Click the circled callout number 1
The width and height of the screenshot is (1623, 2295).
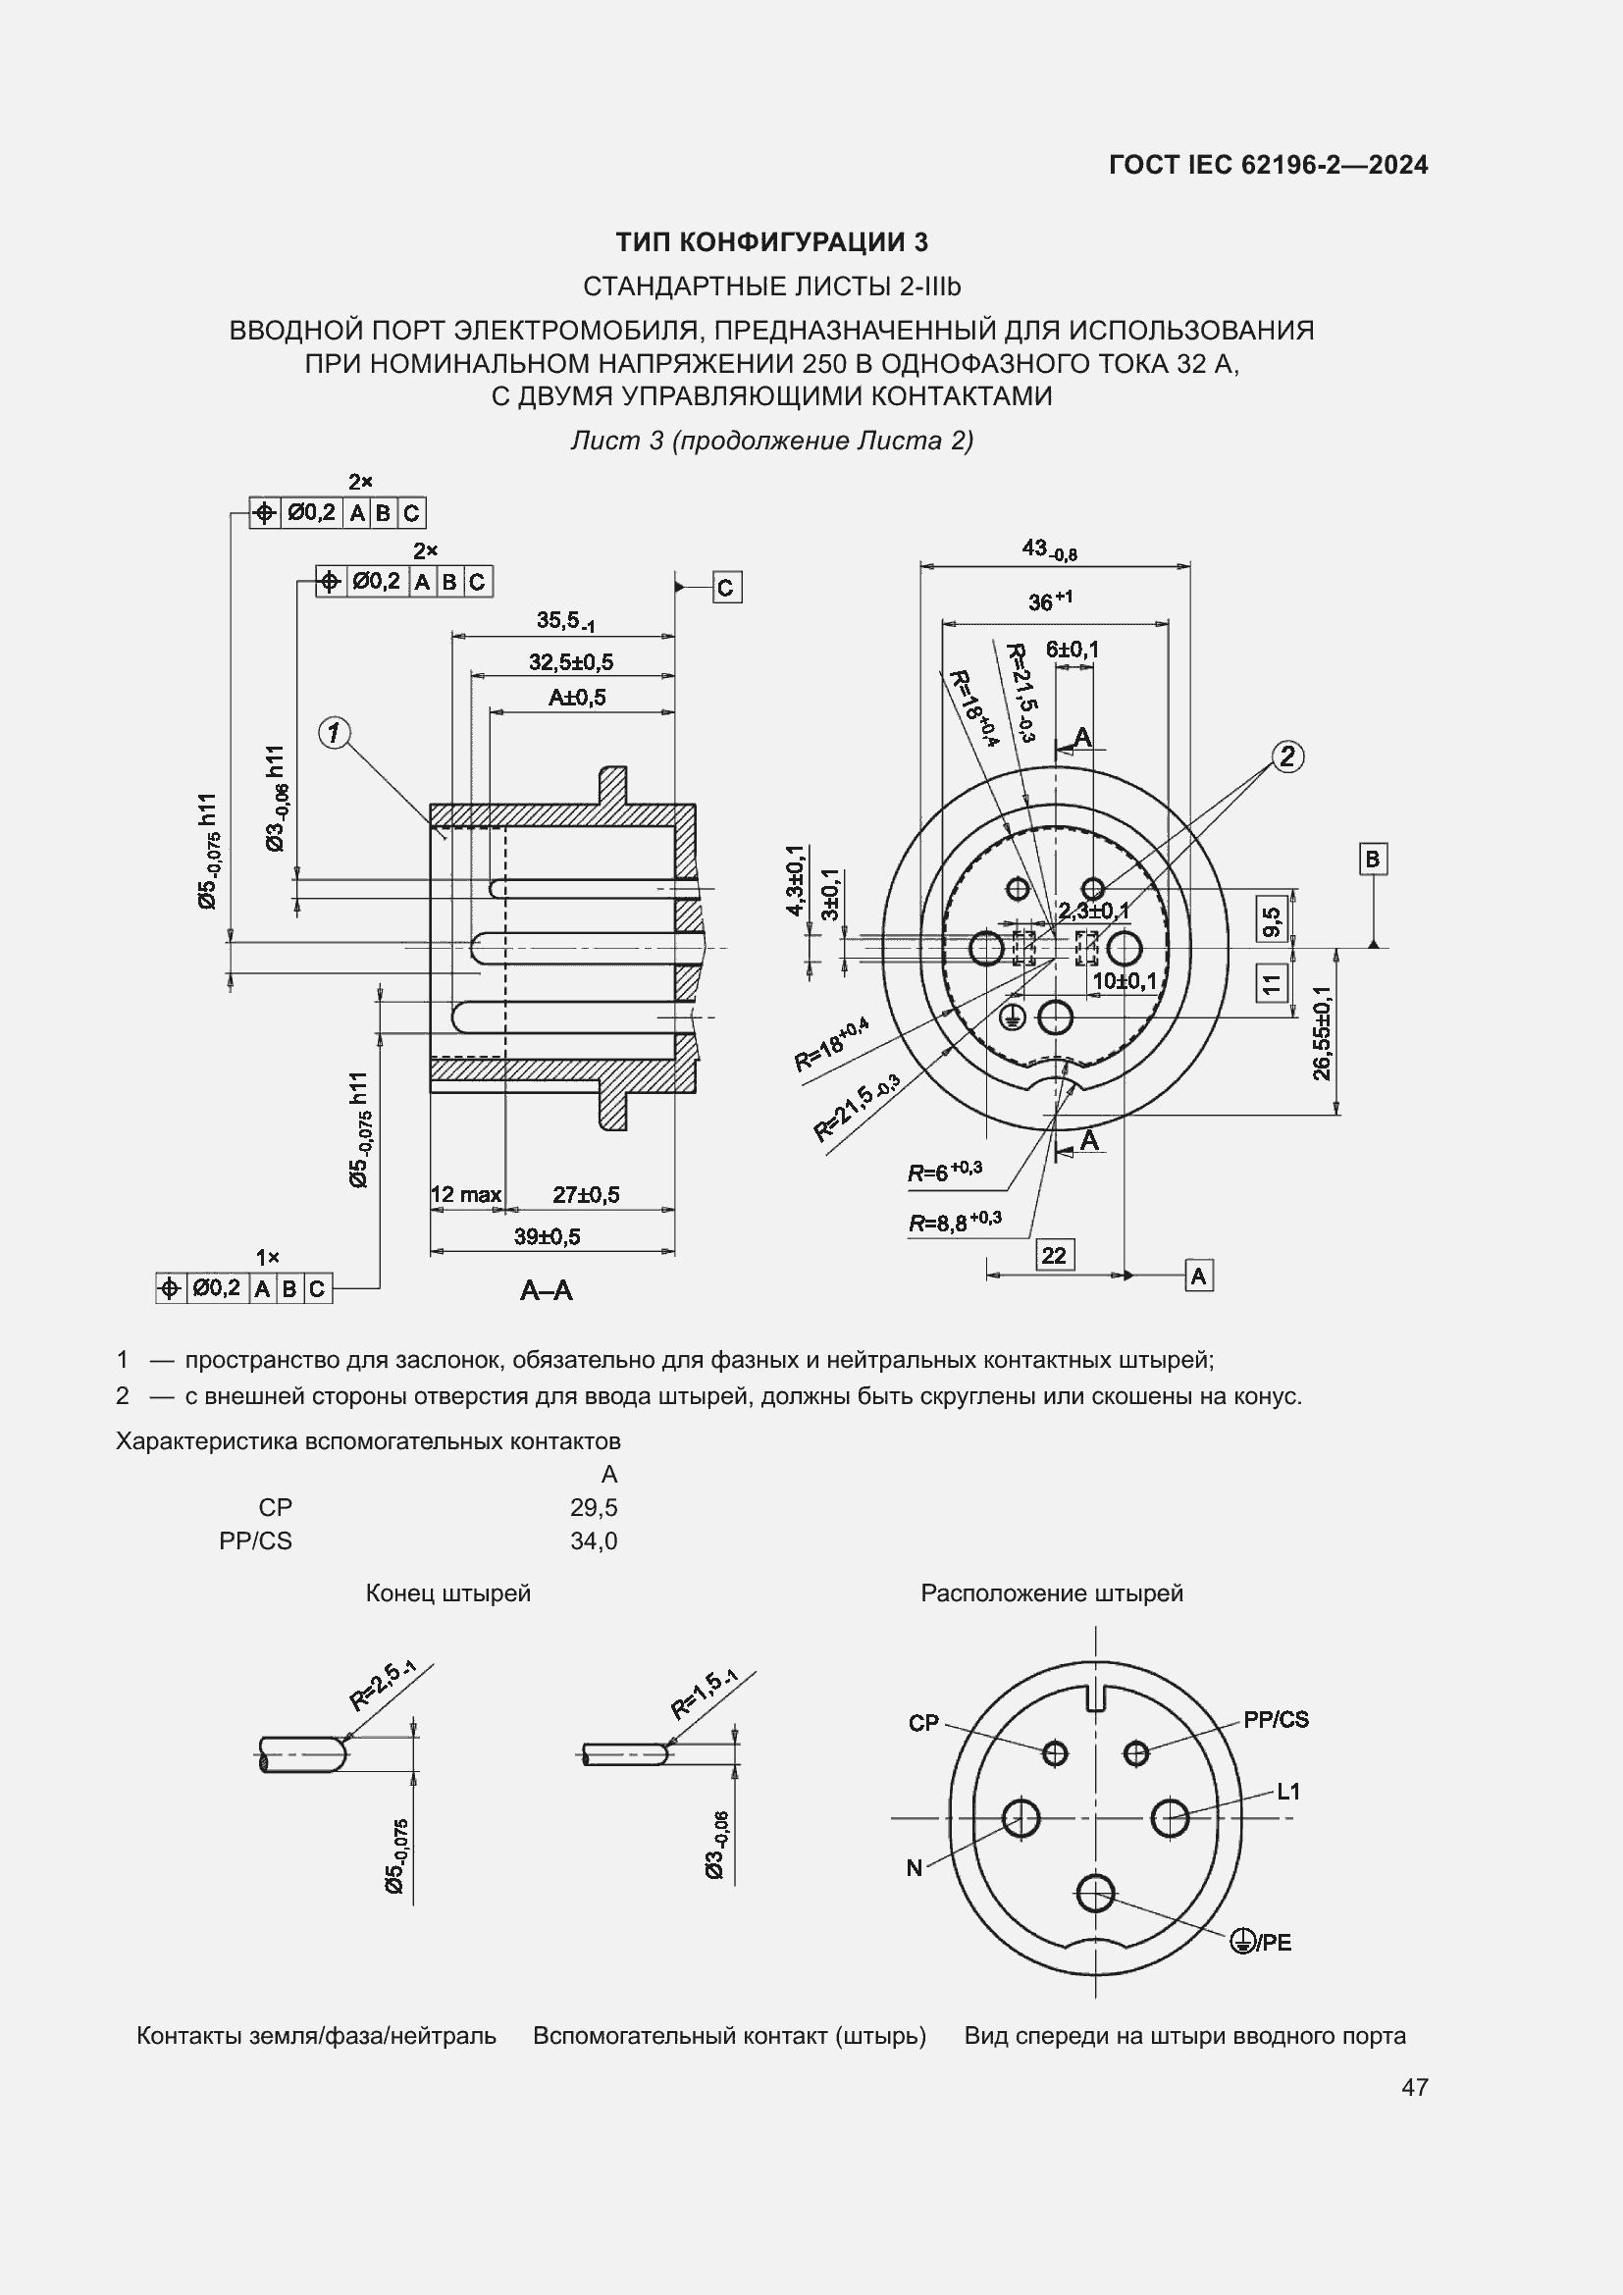coord(334,734)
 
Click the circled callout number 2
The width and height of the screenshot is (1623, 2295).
coord(1287,756)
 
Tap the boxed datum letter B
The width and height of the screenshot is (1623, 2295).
coord(1372,859)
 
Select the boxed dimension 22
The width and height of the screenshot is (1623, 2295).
coord(1053,1255)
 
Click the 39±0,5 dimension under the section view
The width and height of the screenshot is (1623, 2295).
coord(548,1236)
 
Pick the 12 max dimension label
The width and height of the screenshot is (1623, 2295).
coord(466,1194)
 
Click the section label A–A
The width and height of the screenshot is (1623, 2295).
coord(547,1290)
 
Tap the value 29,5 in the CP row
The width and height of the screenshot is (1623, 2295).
coord(594,1507)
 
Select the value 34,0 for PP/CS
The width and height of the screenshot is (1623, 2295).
coord(594,1540)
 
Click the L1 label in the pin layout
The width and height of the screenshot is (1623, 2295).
coord(1288,1792)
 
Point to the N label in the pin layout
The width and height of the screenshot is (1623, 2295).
coord(915,1868)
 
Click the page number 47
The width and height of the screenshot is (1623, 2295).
coord(1414,2087)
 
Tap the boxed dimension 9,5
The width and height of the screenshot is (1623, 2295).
coord(1271,920)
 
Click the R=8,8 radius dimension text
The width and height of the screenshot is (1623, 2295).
coord(955,1222)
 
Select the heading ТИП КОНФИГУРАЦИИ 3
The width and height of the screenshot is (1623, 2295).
coord(771,242)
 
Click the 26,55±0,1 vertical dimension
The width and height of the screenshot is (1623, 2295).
coord(1322,1032)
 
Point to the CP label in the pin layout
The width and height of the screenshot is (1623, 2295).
coord(923,1722)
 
